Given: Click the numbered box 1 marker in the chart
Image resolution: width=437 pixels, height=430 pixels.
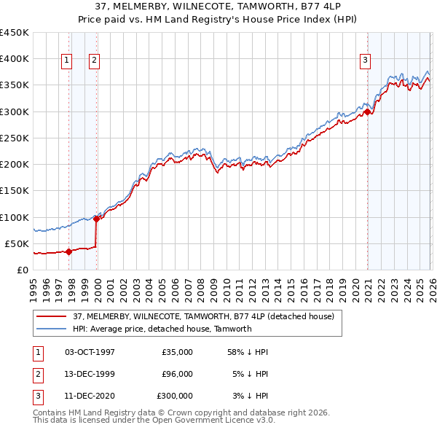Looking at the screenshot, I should pyautogui.click(x=66, y=61).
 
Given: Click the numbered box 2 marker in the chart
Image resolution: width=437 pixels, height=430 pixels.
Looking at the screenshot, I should pyautogui.click(x=95, y=61).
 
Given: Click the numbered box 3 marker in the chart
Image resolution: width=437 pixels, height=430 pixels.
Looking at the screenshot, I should pyautogui.click(x=365, y=61).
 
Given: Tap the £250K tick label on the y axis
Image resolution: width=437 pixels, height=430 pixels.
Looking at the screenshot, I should pyautogui.click(x=15, y=138).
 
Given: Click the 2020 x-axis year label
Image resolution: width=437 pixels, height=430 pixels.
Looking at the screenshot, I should pyautogui.click(x=355, y=286).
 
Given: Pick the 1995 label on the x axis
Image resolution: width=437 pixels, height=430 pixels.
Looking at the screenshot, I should pyautogui.click(x=33, y=286).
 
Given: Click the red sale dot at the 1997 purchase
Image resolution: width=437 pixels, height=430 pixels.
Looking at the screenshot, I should pyautogui.click(x=68, y=251).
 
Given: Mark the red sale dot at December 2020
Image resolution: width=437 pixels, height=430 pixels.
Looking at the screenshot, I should pyautogui.click(x=368, y=112).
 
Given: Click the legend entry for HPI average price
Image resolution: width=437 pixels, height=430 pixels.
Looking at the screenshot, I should pyautogui.click(x=162, y=329).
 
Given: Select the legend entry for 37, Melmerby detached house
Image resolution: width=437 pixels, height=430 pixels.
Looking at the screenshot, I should pyautogui.click(x=203, y=316).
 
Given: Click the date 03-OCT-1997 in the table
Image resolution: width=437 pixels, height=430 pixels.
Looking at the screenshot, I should pyautogui.click(x=90, y=352).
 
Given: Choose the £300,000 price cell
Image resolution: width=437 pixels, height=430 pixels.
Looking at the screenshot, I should pyautogui.click(x=174, y=396).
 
